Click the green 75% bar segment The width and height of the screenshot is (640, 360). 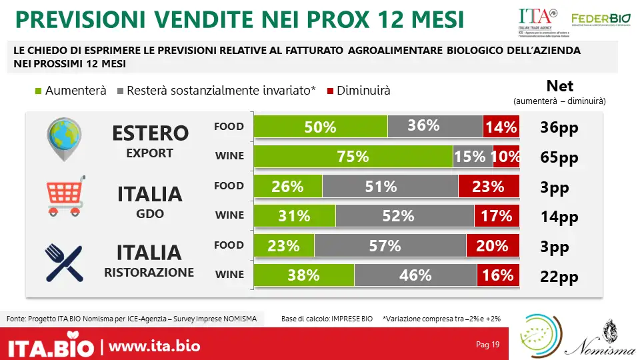click(353, 157)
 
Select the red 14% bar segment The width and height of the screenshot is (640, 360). click(501, 127)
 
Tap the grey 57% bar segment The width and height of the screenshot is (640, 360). click(389, 245)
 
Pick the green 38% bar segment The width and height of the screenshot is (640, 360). click(304, 275)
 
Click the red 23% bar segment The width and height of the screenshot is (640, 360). click(489, 187)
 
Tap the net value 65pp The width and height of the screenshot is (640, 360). click(559, 158)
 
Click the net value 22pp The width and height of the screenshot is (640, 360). click(559, 276)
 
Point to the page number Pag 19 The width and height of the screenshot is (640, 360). click(487, 345)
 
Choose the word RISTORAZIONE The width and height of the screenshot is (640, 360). click(149, 272)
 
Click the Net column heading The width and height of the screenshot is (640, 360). click(559, 86)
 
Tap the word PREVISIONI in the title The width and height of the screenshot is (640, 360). click(79, 20)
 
